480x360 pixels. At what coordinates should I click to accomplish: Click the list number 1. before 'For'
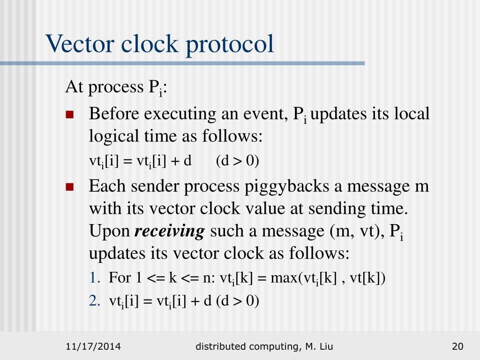[94, 278]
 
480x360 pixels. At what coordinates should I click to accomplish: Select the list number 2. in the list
[95, 301]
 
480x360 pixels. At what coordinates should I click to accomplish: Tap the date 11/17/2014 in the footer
[93, 347]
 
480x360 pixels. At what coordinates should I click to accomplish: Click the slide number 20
[457, 347]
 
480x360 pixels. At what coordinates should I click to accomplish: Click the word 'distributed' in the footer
[221, 347]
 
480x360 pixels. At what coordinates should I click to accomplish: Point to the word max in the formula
[282, 278]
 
